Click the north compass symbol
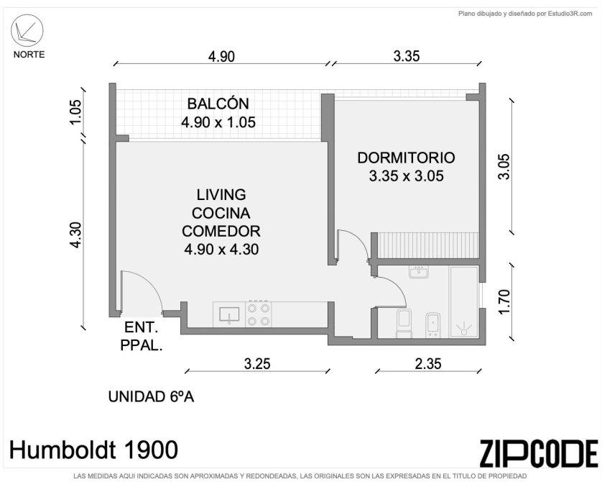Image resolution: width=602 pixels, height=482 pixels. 26,31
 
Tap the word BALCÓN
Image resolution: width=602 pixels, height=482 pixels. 218,104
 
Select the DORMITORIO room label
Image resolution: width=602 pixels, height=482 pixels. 406,158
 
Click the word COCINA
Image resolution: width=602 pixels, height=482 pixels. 221,213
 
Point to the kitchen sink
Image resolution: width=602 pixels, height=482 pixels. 229,315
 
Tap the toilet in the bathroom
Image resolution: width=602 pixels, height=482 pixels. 404,323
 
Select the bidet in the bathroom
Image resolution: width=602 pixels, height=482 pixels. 433,324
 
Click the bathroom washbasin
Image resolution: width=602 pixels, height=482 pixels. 419,272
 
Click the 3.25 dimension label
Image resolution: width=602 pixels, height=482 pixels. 257,363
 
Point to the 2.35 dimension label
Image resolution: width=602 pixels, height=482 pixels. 428,363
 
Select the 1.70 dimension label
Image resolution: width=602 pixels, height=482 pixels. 504,301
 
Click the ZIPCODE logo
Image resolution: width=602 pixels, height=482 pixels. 539,453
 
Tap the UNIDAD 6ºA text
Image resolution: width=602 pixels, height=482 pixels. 151,396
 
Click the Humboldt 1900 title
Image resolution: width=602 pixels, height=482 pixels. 93,450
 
